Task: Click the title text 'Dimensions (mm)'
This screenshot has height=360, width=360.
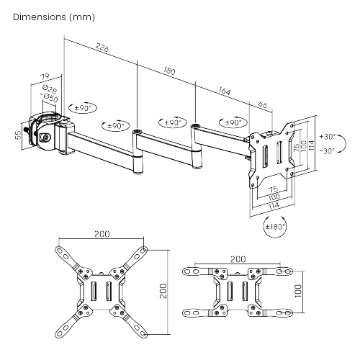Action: click(53, 16)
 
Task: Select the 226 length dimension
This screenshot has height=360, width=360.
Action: click(102, 49)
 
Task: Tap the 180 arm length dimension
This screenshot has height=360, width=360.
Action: click(169, 72)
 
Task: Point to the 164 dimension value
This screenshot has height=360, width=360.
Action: click(224, 91)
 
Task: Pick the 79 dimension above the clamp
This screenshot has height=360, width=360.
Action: click(45, 77)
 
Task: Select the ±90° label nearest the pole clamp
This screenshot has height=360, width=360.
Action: click(82, 108)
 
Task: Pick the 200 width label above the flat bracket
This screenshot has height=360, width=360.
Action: click(236, 257)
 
